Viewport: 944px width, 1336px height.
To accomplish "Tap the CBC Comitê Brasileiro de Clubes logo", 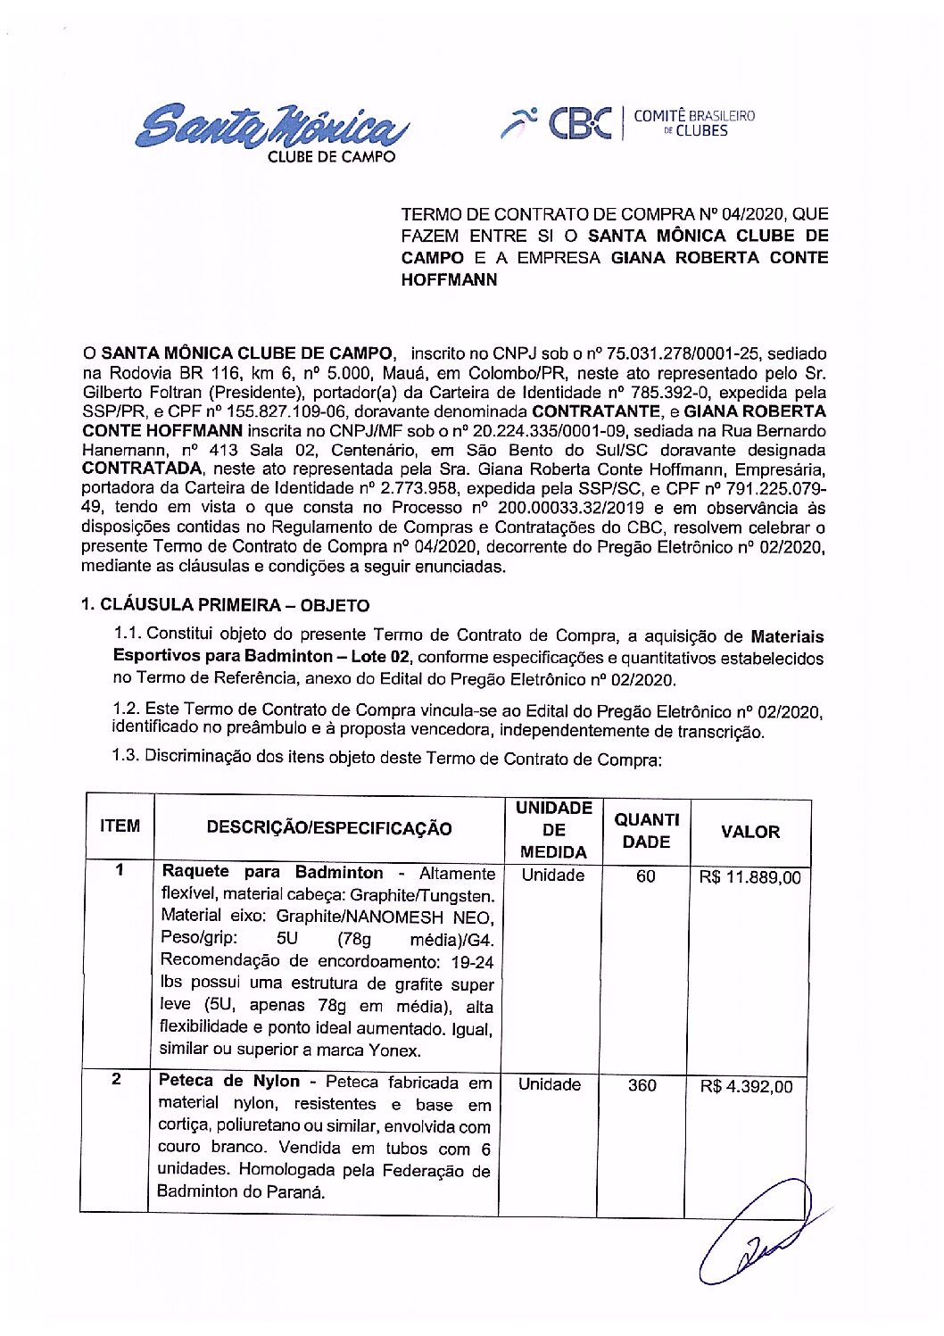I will pos(628,123).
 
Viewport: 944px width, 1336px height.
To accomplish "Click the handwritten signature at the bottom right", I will pos(758,1232).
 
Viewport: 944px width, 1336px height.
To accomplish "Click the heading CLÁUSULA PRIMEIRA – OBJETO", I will pos(225,605).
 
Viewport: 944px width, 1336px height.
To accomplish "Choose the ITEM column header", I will pos(120,826).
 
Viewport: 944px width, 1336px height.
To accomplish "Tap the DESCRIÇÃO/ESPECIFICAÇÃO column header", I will pos(329,828).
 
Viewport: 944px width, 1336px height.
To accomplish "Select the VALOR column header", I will pos(749,832).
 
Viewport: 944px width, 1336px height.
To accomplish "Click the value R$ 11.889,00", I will pos(749,877).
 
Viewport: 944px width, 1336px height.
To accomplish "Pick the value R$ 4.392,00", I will pos(746,1086).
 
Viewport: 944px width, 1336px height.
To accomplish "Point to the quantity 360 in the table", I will pos(642,1085).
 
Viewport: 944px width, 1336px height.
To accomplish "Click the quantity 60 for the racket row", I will pos(645,876).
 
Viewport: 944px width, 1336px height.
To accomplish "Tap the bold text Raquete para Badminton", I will pos(272,872).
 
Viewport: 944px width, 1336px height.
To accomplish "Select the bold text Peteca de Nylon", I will pos(229,1081).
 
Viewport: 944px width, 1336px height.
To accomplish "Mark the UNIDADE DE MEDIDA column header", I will pos(553,830).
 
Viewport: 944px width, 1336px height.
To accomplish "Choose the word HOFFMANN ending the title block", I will pos(449,279).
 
